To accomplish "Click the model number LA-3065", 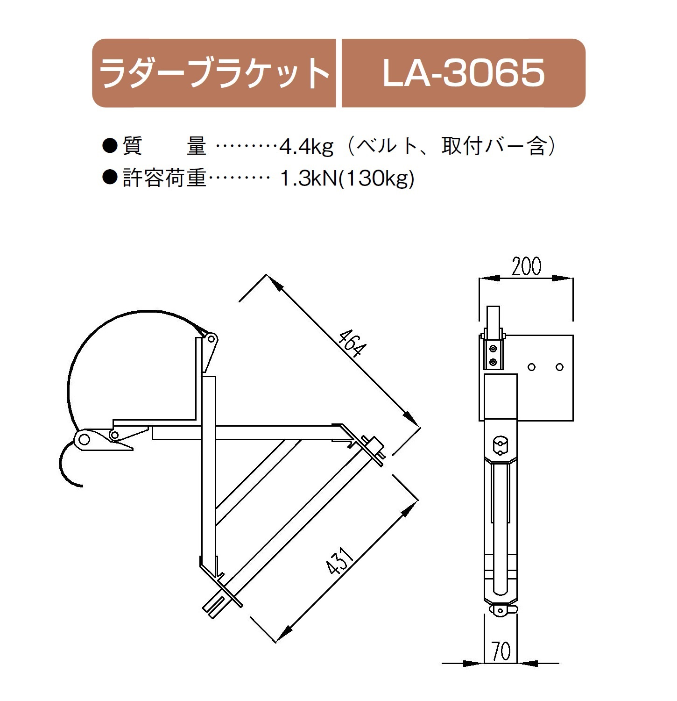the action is click(463, 73).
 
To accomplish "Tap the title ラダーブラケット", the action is click(214, 73).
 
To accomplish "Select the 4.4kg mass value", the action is click(307, 147).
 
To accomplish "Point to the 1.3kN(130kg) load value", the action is click(347, 179).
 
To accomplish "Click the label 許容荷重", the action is click(164, 179).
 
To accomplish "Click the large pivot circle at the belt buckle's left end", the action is click(84, 439).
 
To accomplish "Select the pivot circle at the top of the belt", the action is click(211, 338).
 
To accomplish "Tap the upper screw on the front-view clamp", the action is click(493, 348).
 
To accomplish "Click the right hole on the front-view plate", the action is click(560, 367).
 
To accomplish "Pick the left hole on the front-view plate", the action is click(531, 367).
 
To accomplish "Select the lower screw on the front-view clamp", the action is click(493, 362).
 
